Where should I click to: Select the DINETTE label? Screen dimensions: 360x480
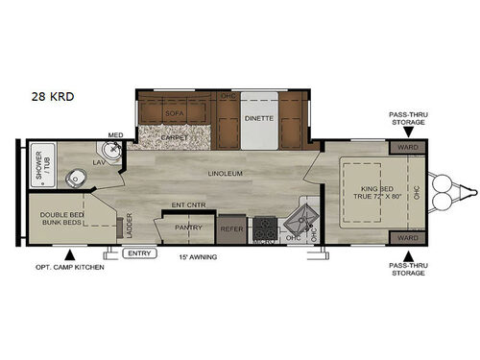pos(258,118)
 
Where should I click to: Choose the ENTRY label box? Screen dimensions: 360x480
pos(139,253)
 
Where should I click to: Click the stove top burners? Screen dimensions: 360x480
pos(263,229)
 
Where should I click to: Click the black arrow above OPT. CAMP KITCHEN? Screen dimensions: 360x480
pos(69,254)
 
